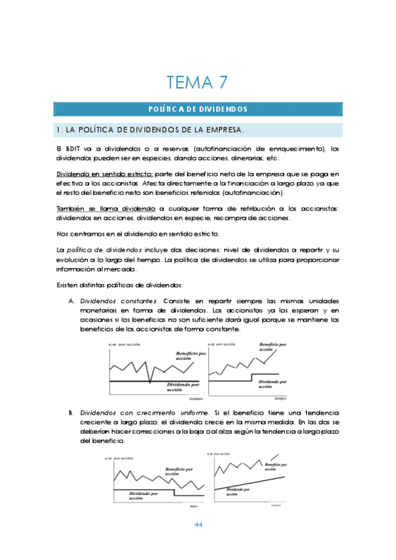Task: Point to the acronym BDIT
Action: (72, 149)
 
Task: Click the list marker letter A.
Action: (71, 302)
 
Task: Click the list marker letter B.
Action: (71, 413)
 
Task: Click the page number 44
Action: (198, 525)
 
